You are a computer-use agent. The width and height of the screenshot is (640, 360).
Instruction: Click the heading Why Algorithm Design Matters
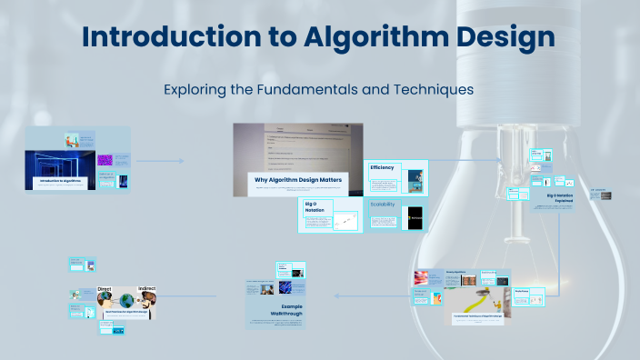297,180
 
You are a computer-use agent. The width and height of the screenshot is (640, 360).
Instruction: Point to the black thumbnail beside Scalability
415,218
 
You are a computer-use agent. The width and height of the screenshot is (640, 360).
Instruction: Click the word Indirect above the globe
146,289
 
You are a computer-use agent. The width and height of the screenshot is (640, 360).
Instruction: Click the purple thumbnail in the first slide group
105,160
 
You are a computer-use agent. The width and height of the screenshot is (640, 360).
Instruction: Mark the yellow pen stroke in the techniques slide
475,300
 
